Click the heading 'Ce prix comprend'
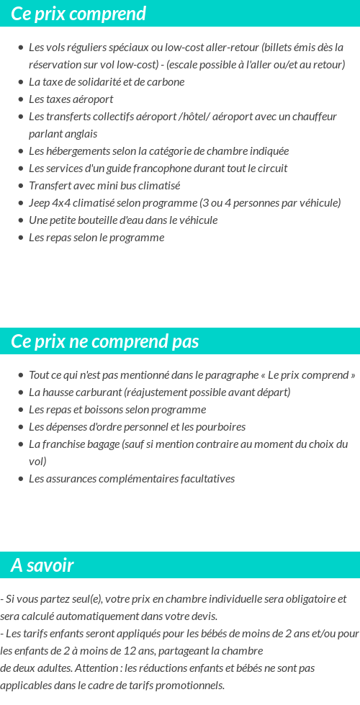point(78,14)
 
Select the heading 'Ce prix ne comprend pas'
point(104,341)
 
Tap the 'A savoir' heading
point(42,565)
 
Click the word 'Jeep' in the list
point(40,202)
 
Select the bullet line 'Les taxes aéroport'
point(71,99)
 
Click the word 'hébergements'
point(78,151)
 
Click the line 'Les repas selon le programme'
point(96,237)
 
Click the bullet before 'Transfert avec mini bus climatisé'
point(20,186)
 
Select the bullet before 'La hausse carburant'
point(20,392)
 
